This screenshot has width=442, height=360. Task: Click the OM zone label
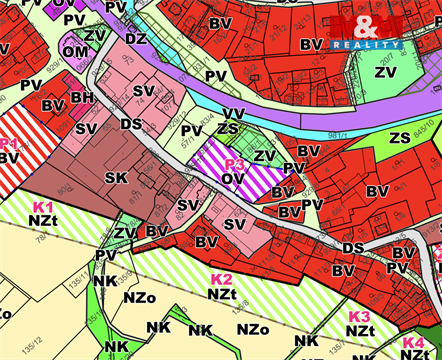75,51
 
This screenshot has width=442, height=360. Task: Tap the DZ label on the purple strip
136,38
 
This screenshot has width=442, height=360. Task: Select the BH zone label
82,98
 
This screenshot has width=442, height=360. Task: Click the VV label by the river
233,113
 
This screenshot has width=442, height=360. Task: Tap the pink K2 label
221,278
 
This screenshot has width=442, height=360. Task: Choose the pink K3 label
359,316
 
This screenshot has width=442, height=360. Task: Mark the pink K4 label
413,341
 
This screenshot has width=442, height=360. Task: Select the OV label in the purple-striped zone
232,179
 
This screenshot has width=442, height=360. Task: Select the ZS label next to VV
228,128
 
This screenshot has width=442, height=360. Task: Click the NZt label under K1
43,219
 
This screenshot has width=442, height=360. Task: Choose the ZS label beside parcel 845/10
400,137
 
